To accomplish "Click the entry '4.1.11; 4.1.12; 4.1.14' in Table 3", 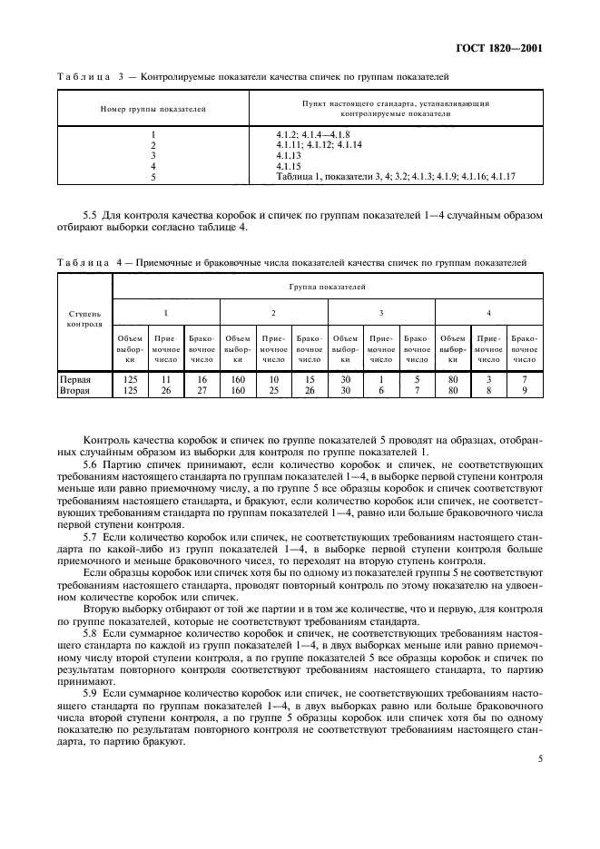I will click(x=319, y=145).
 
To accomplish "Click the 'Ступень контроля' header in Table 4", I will click(x=84, y=317).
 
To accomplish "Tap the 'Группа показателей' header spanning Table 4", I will click(x=328, y=287).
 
